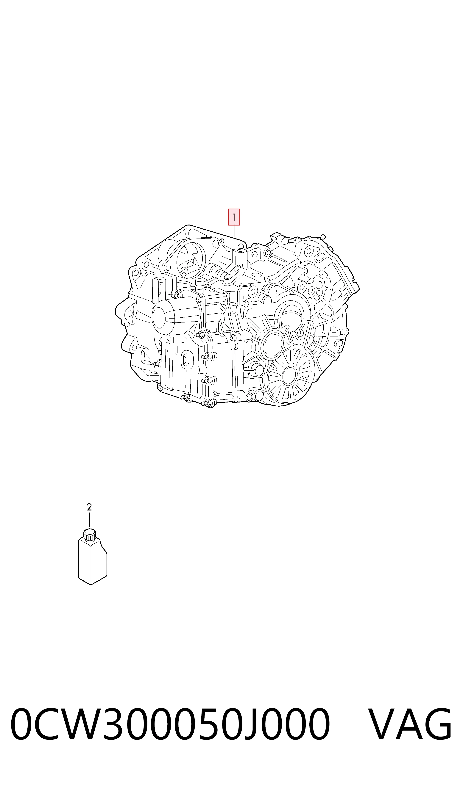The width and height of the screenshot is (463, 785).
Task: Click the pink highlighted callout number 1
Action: click(234, 217)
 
